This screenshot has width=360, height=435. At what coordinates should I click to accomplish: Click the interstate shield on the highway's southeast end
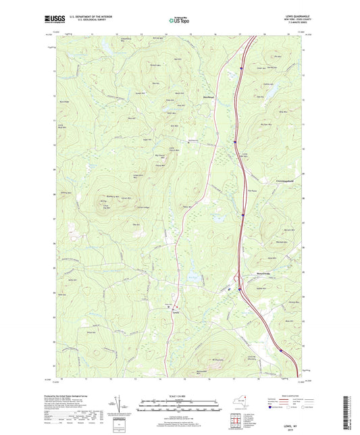tap(276, 349)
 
